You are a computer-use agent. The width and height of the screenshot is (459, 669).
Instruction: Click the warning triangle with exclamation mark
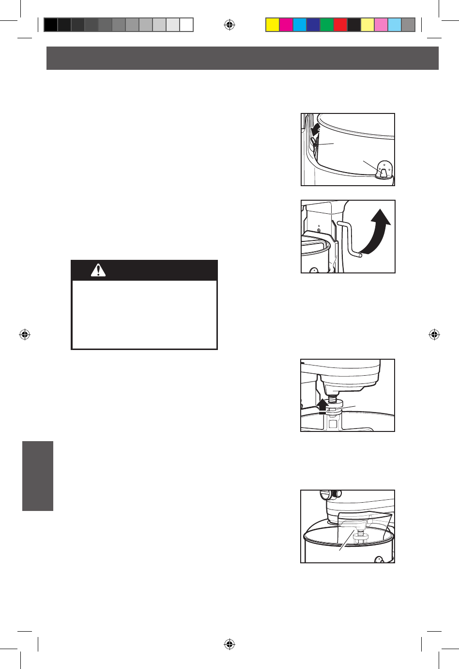(x=98, y=271)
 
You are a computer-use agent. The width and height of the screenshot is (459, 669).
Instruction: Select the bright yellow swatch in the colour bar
(x=273, y=25)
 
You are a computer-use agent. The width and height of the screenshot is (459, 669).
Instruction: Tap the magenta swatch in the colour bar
(x=286, y=25)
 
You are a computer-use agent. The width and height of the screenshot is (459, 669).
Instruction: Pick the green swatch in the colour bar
(x=327, y=25)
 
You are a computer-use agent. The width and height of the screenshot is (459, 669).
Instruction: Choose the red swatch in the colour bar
(x=340, y=25)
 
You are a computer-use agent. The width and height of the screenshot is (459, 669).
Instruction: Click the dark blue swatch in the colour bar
(x=313, y=25)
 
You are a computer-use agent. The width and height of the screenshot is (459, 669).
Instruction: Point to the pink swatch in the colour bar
(x=381, y=25)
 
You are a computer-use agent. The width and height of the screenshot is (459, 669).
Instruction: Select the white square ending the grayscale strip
(x=186, y=25)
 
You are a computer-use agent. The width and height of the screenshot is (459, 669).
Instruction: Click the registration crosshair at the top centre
(x=229, y=25)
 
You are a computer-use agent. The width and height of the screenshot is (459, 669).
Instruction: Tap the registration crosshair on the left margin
(x=25, y=334)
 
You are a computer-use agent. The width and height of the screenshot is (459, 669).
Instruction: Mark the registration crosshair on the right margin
(x=434, y=334)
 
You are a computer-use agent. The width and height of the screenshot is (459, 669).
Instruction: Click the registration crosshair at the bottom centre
(x=229, y=644)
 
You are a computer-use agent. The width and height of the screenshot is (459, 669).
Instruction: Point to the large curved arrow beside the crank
(x=377, y=233)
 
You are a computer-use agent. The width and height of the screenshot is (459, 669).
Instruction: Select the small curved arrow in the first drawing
(x=316, y=129)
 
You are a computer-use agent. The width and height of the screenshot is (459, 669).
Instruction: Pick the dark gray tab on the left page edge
(x=38, y=476)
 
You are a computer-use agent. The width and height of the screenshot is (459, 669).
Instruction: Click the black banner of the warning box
(x=144, y=271)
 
